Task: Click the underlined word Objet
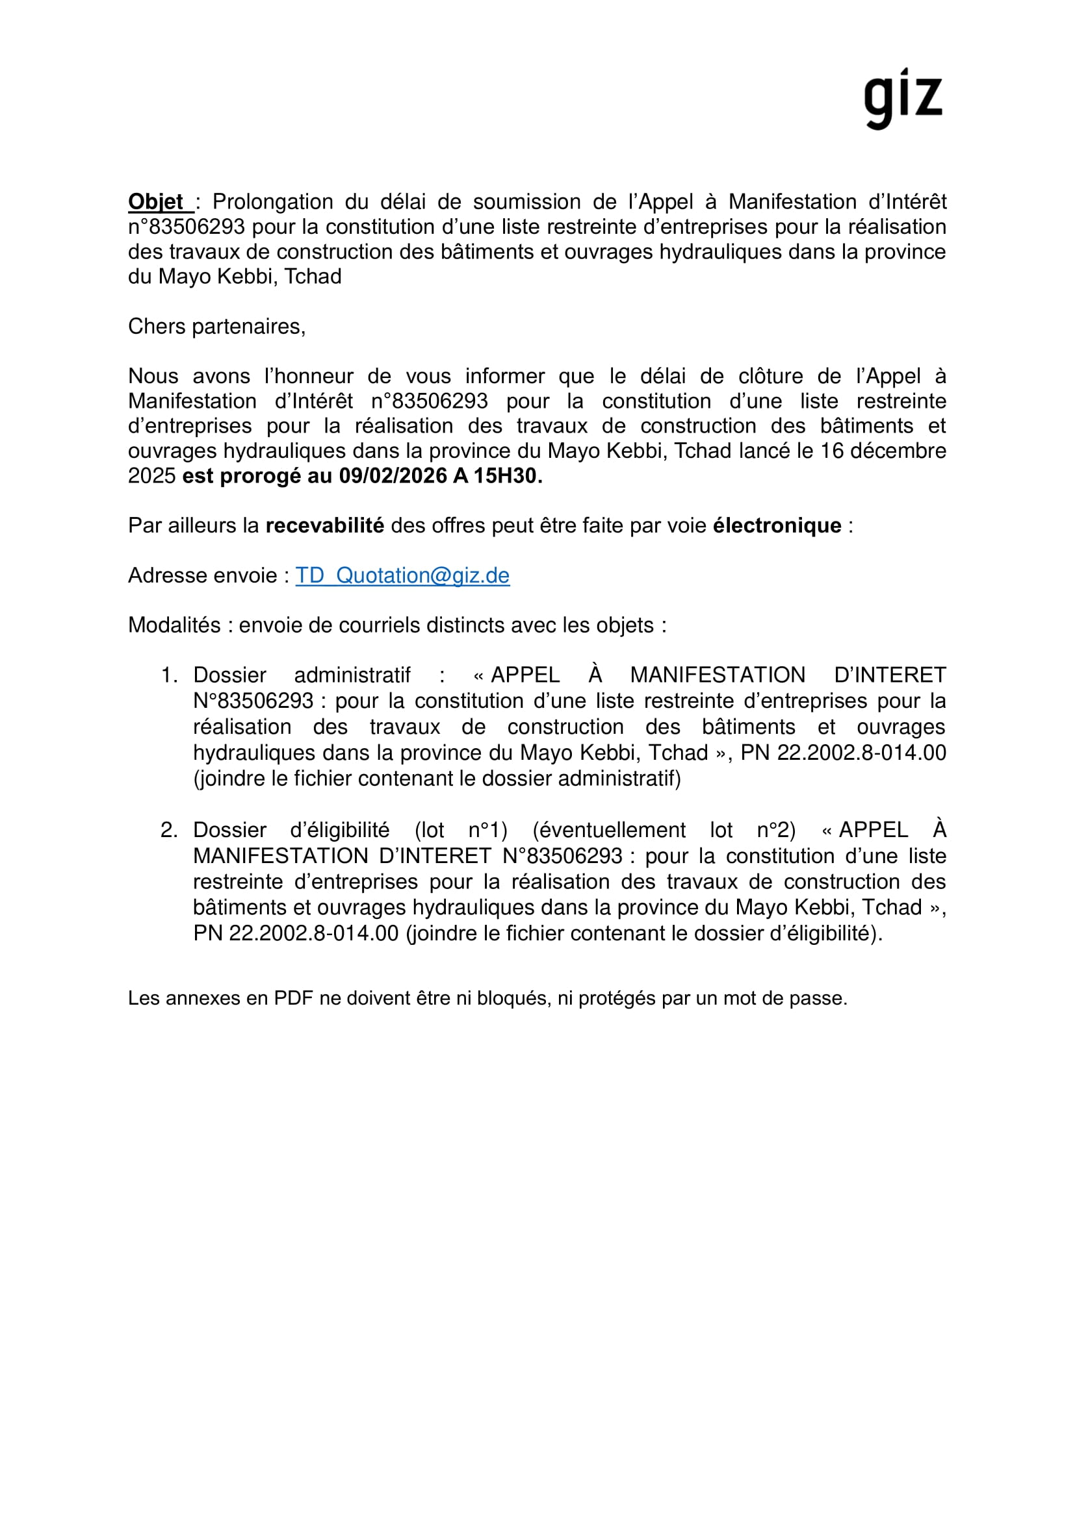coord(156,202)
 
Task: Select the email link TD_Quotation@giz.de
coord(402,575)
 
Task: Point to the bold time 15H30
coord(506,476)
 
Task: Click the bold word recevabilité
coord(324,526)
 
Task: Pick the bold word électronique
coord(777,526)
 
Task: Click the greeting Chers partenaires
coord(216,327)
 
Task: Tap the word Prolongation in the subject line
coord(273,202)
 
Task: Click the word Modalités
coord(174,625)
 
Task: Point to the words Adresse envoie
coord(203,575)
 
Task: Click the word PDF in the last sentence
coord(293,998)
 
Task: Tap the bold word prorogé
coord(260,476)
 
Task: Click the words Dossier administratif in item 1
coord(302,675)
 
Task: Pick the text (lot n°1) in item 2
coord(461,831)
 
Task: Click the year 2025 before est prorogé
coord(151,476)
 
